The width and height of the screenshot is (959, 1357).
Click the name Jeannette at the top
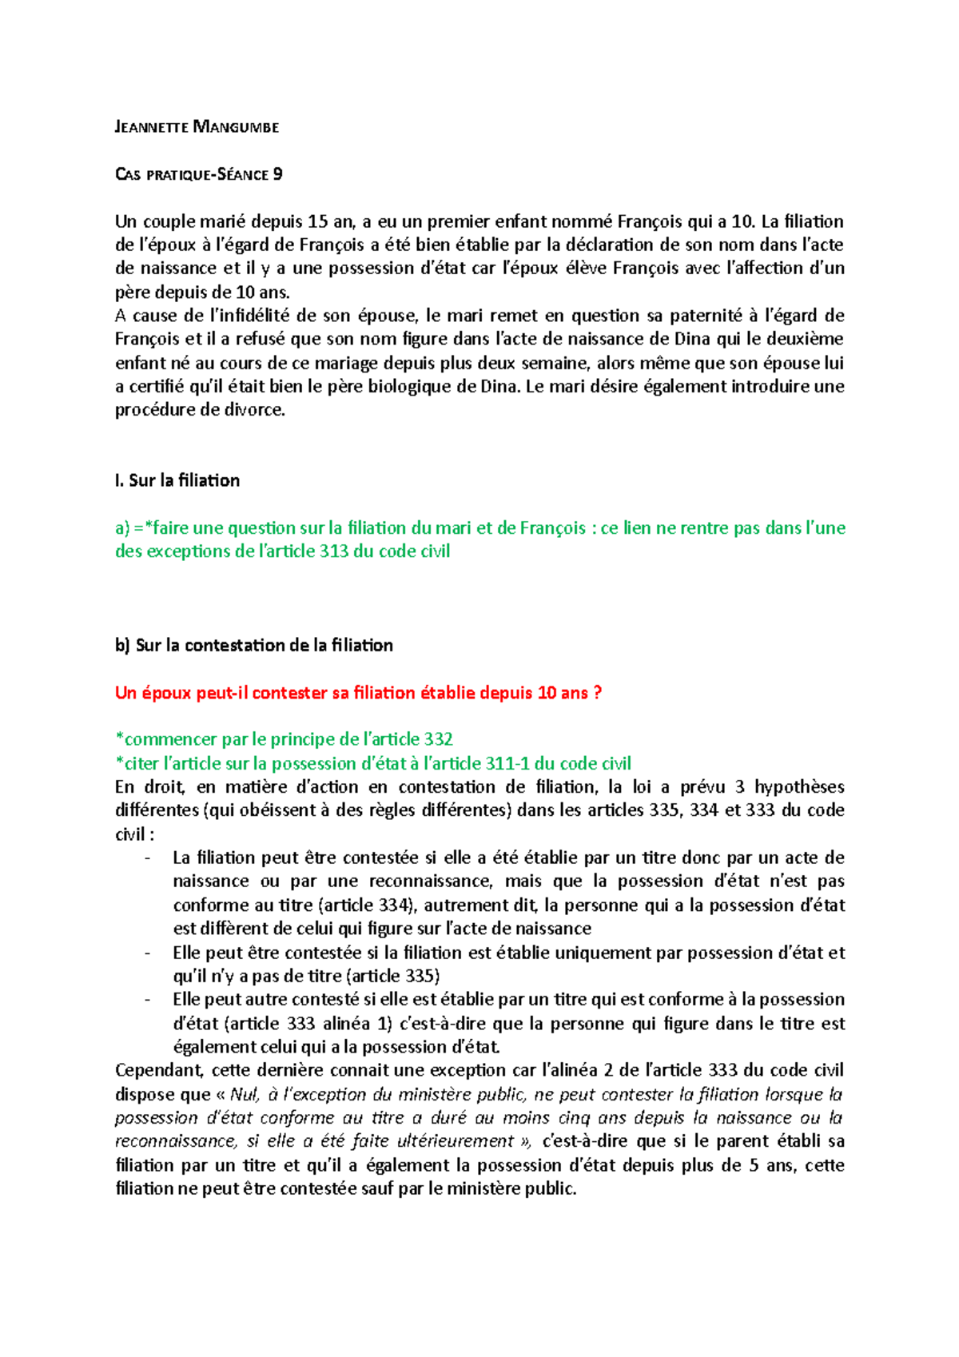[152, 127]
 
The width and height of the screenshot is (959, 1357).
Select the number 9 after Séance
[277, 174]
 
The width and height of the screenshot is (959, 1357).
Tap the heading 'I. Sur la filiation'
[177, 480]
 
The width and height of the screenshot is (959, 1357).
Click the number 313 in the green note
[334, 551]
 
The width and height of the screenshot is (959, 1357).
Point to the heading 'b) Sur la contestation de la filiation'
[254, 645]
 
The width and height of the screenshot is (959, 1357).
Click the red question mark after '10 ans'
[597, 693]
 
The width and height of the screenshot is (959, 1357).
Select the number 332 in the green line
[438, 739]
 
